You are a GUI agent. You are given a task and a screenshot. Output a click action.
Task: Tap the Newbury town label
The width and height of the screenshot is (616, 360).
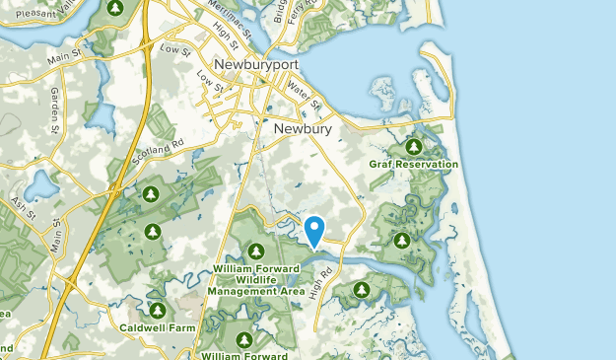coord(303,128)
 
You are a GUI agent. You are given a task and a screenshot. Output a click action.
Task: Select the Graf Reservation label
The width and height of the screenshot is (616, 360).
coord(414,164)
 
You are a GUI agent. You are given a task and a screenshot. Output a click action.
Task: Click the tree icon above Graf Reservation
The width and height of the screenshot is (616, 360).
coord(414,145)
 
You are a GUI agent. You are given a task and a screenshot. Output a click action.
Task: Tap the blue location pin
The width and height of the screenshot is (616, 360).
coord(315,231)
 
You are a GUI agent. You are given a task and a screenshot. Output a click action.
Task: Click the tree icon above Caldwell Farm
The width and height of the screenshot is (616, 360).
coord(157,311)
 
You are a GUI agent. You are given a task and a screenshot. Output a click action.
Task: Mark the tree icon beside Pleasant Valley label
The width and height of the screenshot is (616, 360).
coord(114,8)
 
